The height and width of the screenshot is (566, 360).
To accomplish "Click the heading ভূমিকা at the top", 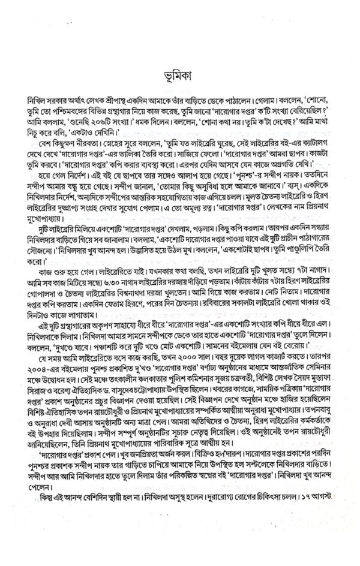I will point(180,77).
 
